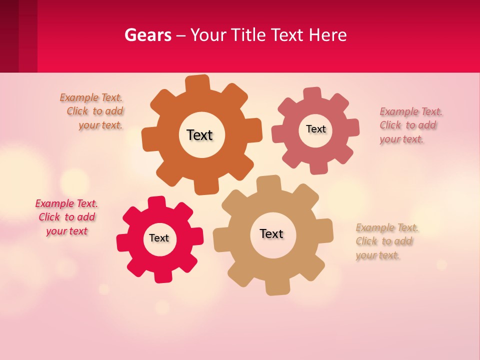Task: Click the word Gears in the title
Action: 147,35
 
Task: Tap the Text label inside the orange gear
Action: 199,135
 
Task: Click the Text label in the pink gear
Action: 315,129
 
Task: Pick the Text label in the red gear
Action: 159,238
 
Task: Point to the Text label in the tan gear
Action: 271,233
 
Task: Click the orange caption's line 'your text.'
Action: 100,125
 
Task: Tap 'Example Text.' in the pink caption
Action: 411,111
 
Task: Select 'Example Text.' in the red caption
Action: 66,203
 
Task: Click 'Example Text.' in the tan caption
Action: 387,228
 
